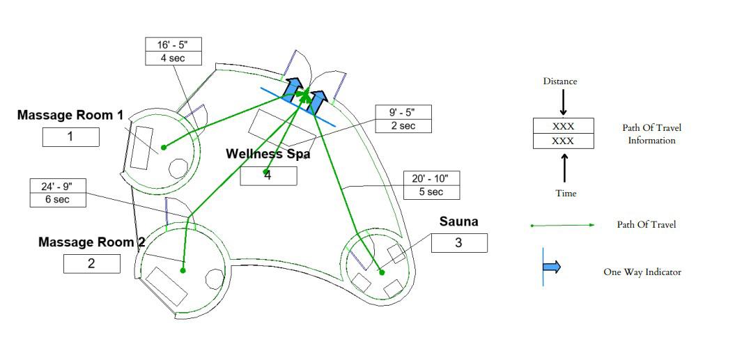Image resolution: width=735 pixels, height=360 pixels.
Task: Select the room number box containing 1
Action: pos(70,136)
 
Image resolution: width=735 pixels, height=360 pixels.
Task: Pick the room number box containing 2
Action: pos(91,264)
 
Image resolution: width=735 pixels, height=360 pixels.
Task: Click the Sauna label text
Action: pos(458,222)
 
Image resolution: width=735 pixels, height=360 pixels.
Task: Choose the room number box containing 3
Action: pos(458,243)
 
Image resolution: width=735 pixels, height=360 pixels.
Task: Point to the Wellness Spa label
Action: pos(267,154)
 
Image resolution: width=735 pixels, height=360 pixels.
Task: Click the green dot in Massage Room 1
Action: pos(164,147)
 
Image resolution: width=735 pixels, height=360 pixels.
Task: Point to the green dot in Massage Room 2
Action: pos(183,270)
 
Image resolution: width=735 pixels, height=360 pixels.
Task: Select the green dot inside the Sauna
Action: pos(382,272)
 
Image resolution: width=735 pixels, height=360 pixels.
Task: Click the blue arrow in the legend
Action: pos(551,267)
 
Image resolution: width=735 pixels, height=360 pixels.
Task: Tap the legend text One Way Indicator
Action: pos(642,272)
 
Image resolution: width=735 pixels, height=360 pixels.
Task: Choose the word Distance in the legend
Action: pos(560,81)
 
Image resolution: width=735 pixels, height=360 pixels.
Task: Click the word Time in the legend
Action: pos(566,193)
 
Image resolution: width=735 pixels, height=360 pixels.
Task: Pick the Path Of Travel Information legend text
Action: pos(651,134)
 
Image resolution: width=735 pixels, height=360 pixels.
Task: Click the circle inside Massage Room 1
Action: pos(178,169)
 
